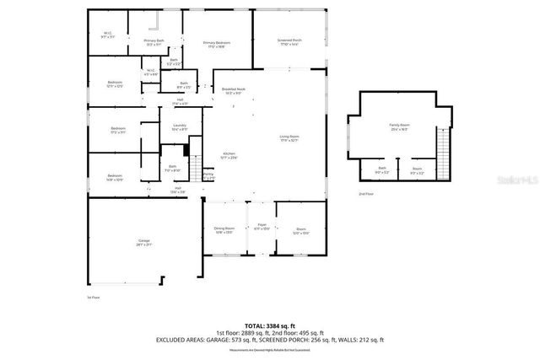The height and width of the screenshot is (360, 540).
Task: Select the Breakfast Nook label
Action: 234,91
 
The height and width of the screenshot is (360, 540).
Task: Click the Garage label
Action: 144,242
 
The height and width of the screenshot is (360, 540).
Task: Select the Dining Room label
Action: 224,228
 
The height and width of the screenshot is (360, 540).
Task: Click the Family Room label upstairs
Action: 398,127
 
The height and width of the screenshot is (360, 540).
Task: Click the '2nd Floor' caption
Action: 365,193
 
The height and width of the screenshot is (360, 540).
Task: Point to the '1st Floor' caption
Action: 94,298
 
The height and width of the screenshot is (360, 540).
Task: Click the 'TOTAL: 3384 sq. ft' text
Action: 269,325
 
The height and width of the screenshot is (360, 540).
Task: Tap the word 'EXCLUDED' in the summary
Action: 174,340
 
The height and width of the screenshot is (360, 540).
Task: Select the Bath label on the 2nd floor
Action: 381,169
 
